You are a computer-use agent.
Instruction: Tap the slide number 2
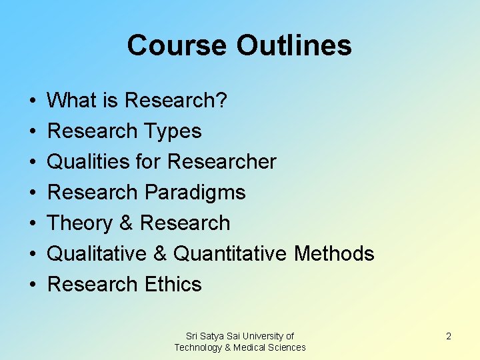click(449, 336)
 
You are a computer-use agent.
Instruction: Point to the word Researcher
click(221, 162)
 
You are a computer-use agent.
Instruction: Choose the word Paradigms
click(194, 193)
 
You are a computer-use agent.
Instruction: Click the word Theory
click(81, 223)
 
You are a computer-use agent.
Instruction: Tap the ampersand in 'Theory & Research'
click(127, 223)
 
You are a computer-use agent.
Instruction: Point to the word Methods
click(334, 254)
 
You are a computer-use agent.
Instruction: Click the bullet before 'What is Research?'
click(33, 101)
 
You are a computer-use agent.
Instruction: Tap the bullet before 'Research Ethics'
click(33, 285)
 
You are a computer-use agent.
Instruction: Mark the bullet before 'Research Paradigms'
click(33, 193)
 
